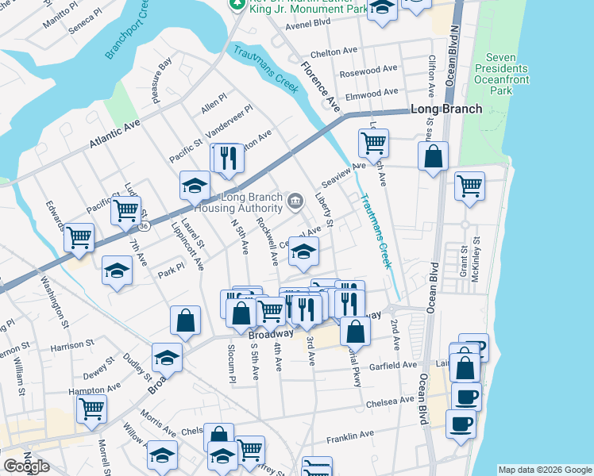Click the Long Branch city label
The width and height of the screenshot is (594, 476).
[445, 109]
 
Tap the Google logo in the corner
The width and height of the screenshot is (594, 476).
[25, 466]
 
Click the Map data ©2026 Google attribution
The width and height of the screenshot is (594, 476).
[544, 470]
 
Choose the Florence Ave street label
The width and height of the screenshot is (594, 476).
[320, 84]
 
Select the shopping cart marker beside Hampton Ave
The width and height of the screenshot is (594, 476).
[91, 408]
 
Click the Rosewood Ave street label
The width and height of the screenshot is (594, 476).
[368, 69]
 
